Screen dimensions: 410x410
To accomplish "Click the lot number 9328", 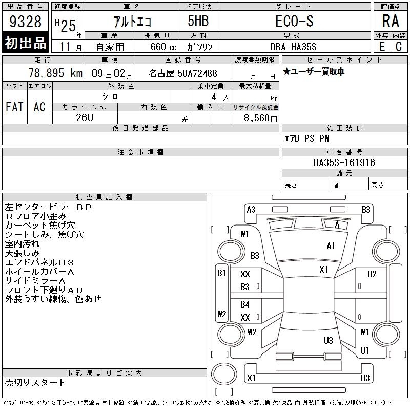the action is coord(25,22).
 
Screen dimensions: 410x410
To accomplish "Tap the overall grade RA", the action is coord(391,21).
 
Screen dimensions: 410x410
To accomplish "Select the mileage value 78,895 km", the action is coord(55,73).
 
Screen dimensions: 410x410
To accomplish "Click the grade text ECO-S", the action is coord(294,21).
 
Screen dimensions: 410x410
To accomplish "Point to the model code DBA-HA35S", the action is coord(293,47).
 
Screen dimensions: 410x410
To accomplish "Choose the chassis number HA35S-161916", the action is coord(344,162).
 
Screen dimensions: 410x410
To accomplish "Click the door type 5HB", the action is coord(198,21).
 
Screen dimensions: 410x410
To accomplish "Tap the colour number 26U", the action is coord(85,118).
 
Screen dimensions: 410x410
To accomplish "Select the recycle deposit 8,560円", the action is coord(260,118).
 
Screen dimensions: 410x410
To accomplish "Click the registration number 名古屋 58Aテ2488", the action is coord(182,73).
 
